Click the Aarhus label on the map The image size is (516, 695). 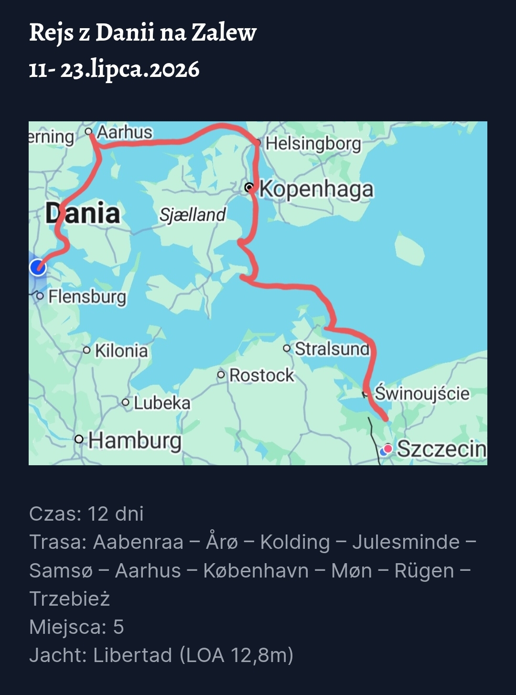click(x=124, y=132)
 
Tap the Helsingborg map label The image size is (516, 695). click(x=313, y=143)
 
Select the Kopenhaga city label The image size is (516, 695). click(x=316, y=189)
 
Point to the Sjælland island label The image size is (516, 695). click(x=192, y=215)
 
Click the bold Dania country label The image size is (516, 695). click(x=83, y=213)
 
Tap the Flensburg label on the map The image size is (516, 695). click(x=87, y=297)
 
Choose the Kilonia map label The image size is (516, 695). click(x=121, y=351)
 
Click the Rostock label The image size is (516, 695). click(x=261, y=375)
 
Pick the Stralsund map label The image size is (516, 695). click(x=332, y=349)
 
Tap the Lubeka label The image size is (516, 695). click(x=162, y=403)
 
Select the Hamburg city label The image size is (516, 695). click(x=135, y=440)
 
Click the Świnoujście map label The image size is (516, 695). click(x=422, y=394)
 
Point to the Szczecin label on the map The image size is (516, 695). click(x=441, y=449)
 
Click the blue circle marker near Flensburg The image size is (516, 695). click(x=38, y=267)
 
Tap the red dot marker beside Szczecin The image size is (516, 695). click(x=388, y=449)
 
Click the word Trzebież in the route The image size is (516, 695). click(x=70, y=599)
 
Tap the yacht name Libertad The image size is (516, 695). click(x=132, y=655)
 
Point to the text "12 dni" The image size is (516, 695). click(x=116, y=514)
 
